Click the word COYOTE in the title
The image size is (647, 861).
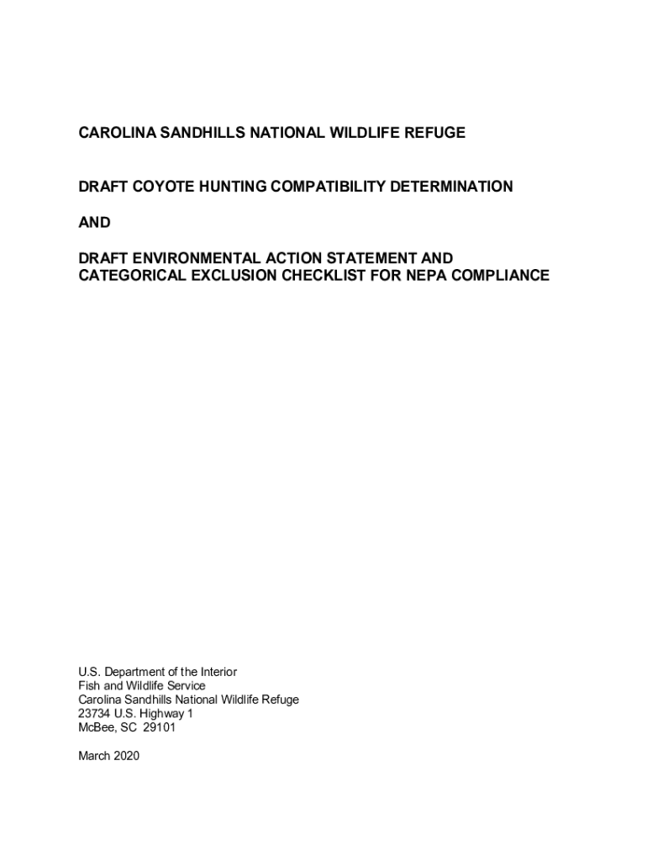click(x=157, y=187)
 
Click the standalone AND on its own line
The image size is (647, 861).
click(x=94, y=223)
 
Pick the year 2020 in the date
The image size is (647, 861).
click(x=125, y=756)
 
